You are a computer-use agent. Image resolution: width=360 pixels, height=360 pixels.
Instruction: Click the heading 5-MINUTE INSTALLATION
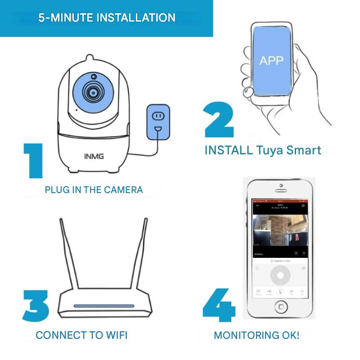107,18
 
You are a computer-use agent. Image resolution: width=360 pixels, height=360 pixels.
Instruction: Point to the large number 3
36,306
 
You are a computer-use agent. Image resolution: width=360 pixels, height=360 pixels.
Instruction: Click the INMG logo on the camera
94,156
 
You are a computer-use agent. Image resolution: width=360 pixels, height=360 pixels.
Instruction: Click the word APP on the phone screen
271,60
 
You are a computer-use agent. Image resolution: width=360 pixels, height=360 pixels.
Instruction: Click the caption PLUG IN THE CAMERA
94,189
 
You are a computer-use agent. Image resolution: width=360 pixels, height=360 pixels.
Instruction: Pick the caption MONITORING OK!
256,335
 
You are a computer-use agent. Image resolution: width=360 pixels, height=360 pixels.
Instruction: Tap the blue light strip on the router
104,306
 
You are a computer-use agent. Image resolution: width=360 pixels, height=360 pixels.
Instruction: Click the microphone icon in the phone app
280,292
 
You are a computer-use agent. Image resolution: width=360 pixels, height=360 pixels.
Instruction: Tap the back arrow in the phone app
258,205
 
